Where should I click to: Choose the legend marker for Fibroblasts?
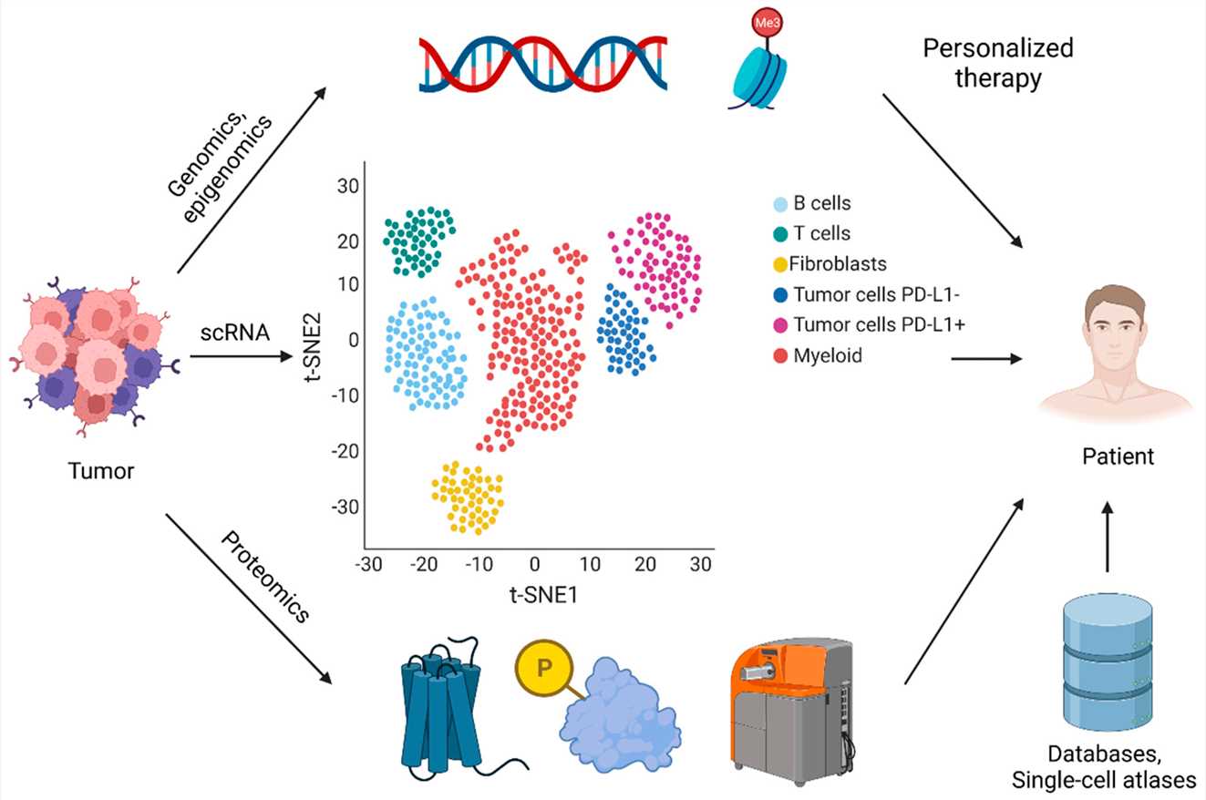pos(780,264)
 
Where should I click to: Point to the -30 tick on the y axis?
pos(346,506)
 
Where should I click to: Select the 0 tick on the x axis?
pos(535,564)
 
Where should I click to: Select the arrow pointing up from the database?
pos(1108,538)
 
